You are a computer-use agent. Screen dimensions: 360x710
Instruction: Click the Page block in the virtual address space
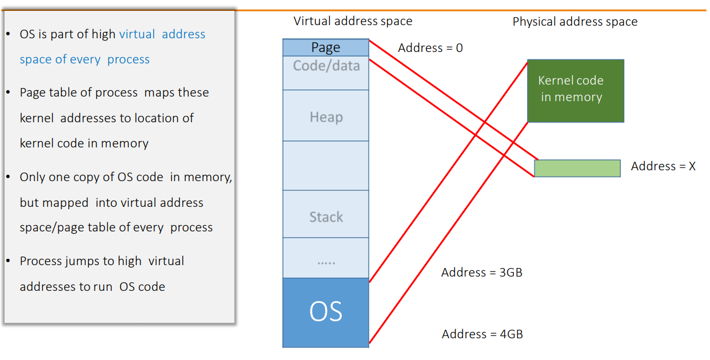click(326, 47)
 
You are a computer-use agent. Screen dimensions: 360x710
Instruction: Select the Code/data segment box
click(326, 73)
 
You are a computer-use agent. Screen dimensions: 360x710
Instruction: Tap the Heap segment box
click(326, 116)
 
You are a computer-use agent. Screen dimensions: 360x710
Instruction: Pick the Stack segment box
click(326, 215)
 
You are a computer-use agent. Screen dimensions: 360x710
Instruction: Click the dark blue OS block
click(326, 312)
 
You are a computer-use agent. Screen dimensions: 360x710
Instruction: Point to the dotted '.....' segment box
click(326, 258)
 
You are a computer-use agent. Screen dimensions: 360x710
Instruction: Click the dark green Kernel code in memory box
click(575, 90)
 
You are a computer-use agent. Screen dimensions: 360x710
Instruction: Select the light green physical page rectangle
click(577, 168)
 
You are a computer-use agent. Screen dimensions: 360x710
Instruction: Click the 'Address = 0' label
click(430, 48)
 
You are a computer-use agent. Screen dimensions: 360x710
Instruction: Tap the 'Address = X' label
click(663, 166)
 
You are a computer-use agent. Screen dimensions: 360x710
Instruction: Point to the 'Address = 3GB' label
click(481, 273)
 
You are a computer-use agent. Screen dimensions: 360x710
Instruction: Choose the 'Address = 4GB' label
click(482, 334)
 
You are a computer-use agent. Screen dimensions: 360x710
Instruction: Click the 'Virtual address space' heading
click(353, 21)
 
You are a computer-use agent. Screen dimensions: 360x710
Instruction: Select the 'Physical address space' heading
click(575, 22)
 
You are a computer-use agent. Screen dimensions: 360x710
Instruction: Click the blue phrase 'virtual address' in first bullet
click(162, 34)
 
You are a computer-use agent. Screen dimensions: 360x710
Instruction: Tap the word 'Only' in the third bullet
click(32, 177)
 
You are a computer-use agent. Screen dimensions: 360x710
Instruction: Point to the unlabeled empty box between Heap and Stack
click(326, 166)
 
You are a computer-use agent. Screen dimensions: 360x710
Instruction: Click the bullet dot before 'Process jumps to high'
click(9, 261)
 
